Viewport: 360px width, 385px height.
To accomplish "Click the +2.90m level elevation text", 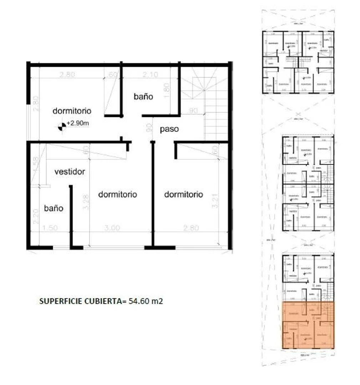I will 78,123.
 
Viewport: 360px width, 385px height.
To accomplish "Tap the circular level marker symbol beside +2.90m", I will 62,125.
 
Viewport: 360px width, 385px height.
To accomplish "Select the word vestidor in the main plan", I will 70,172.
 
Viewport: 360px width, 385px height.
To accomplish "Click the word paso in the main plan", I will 169,129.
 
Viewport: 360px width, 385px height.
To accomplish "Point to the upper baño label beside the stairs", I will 143,96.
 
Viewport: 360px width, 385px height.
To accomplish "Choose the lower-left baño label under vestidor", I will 54,208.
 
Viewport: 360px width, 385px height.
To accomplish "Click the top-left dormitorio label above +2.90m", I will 72,111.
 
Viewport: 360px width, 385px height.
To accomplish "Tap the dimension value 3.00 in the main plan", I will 112,228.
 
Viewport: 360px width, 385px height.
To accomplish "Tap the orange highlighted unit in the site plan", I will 308,325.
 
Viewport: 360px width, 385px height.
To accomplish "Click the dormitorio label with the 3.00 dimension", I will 117,195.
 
